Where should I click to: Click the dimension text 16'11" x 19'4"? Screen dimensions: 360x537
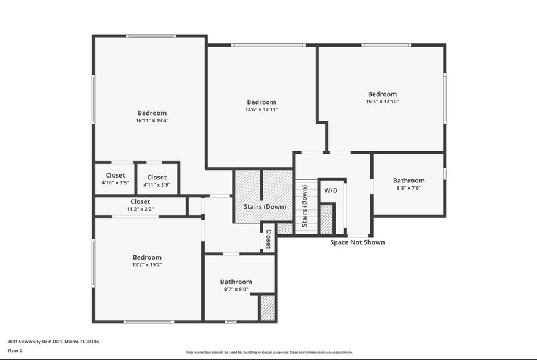[152, 121]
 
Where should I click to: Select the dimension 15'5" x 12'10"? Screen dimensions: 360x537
[382, 102]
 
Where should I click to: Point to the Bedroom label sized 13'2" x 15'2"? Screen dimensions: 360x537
[147, 257]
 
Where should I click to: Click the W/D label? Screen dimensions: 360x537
[331, 190]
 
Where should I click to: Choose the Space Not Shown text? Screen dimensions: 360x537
[358, 242]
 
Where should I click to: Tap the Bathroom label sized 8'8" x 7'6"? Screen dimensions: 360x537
[408, 181]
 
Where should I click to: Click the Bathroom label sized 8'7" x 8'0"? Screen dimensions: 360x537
[236, 282]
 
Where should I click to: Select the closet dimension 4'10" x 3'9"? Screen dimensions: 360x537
[115, 183]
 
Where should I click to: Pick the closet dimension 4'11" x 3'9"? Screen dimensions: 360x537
[157, 185]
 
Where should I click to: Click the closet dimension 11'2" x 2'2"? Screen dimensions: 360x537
[140, 209]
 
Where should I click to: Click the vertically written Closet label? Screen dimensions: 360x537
[268, 239]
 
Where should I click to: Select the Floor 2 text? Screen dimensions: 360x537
[15, 351]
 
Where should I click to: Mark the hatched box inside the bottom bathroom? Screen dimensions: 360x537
[267, 308]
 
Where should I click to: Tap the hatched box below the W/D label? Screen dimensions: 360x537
[327, 219]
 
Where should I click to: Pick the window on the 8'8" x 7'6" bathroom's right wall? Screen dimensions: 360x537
[445, 173]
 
